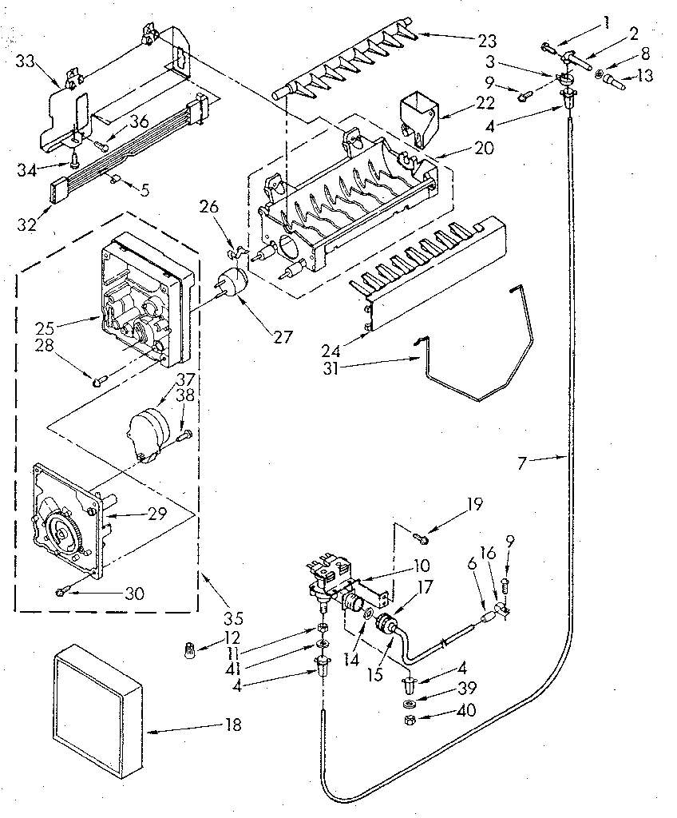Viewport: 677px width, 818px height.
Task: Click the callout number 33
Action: pos(26,60)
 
